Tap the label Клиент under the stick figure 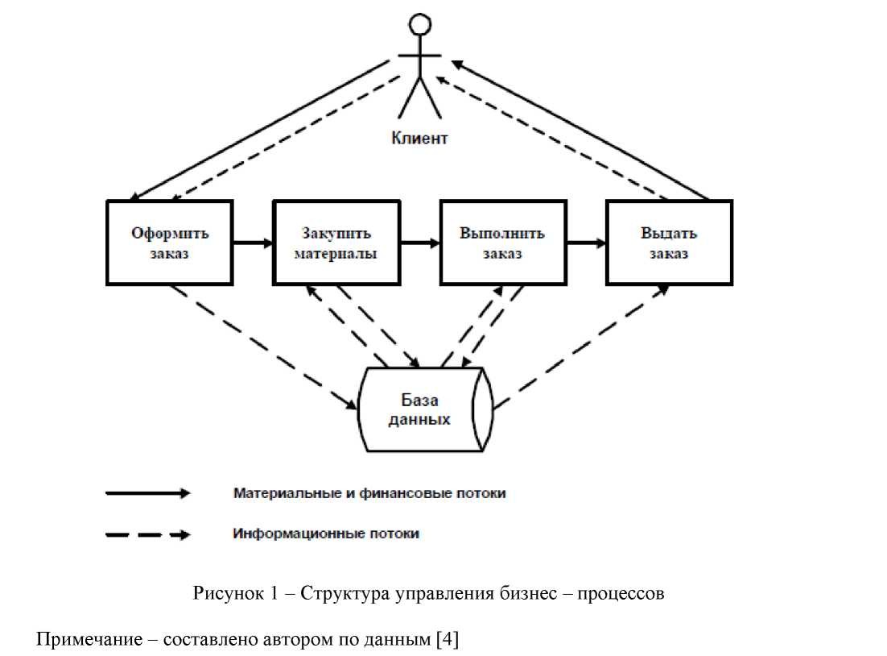pyautogui.click(x=419, y=138)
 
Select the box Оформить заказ pyautogui.click(x=170, y=243)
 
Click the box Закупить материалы pyautogui.click(x=336, y=243)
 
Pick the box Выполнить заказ pyautogui.click(x=503, y=243)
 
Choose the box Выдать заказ pyautogui.click(x=669, y=243)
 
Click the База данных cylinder pyautogui.click(x=423, y=409)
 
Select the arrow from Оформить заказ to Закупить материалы pyautogui.click(x=253, y=241)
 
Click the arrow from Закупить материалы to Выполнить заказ pyautogui.click(x=419, y=241)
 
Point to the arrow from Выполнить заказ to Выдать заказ pyautogui.click(x=586, y=241)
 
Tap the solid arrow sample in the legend pyautogui.click(x=148, y=493)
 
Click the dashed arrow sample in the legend pyautogui.click(x=148, y=534)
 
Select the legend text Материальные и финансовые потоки pyautogui.click(x=369, y=492)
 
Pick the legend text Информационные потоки pyautogui.click(x=326, y=534)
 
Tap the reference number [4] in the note pyautogui.click(x=447, y=641)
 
